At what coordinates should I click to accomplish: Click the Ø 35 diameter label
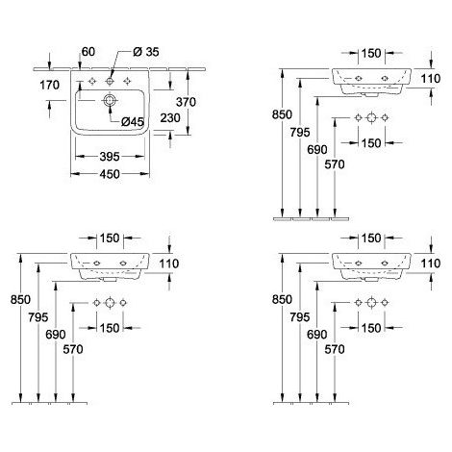tap(146, 52)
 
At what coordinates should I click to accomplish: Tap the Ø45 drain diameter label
tap(133, 121)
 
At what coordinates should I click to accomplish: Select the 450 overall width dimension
tap(110, 174)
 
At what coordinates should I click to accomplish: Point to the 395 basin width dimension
tap(110, 157)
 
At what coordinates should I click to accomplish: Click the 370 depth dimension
tap(186, 102)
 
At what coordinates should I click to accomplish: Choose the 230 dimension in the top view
tap(170, 118)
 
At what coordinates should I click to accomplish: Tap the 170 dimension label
tap(49, 85)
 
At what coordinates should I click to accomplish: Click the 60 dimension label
tap(88, 52)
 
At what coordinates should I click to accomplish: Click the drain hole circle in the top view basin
tap(110, 100)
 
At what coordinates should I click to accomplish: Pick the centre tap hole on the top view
tap(110, 82)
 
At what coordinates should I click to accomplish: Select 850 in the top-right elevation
tap(282, 114)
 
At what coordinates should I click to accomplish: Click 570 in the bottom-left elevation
tap(73, 349)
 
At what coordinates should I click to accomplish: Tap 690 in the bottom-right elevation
tap(317, 335)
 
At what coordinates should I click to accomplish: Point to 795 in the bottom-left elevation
tap(38, 317)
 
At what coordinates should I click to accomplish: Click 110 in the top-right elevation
tap(431, 79)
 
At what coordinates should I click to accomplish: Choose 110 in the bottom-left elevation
tap(169, 264)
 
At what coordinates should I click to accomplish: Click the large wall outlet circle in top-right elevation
tap(371, 118)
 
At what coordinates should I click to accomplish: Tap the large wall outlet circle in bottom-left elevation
tap(110, 303)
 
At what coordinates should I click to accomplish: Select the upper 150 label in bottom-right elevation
tap(371, 239)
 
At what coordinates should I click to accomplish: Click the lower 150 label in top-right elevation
tap(371, 143)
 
